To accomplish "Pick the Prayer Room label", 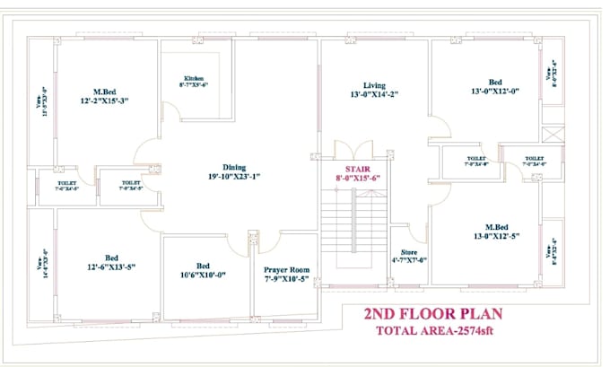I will tap(285, 269).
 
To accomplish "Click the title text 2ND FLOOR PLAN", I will tap(432, 316).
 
